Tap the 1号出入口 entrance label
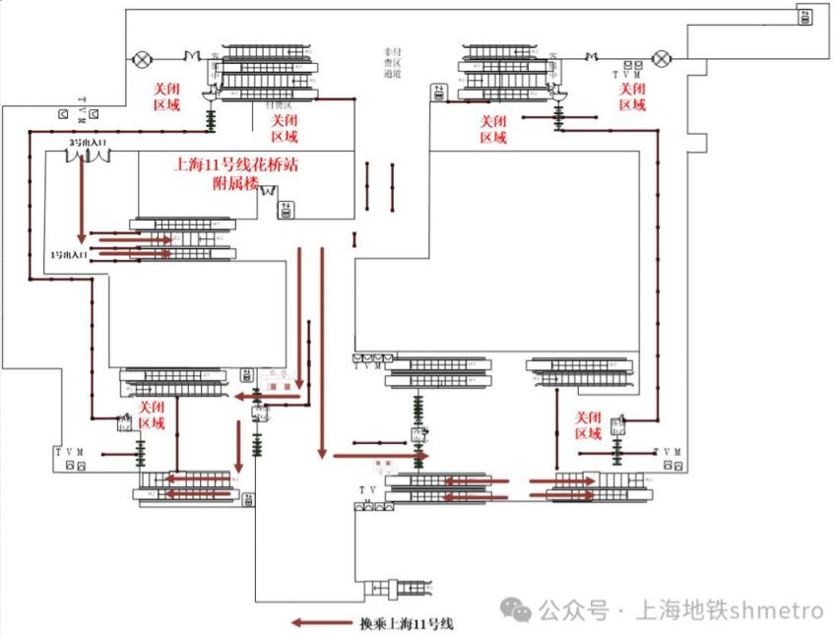pos(69,255)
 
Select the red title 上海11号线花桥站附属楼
pos(235,173)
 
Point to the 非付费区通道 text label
pos(394,61)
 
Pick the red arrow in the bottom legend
pos(319,622)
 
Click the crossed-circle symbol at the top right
pos(665,56)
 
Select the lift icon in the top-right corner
pos(805,16)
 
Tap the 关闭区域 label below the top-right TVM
pos(631,96)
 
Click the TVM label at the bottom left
pos(70,452)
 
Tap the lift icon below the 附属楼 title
pos(286,209)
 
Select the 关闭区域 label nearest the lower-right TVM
pos(588,425)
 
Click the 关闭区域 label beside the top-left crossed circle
pos(166,96)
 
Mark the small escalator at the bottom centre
pos(397,590)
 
